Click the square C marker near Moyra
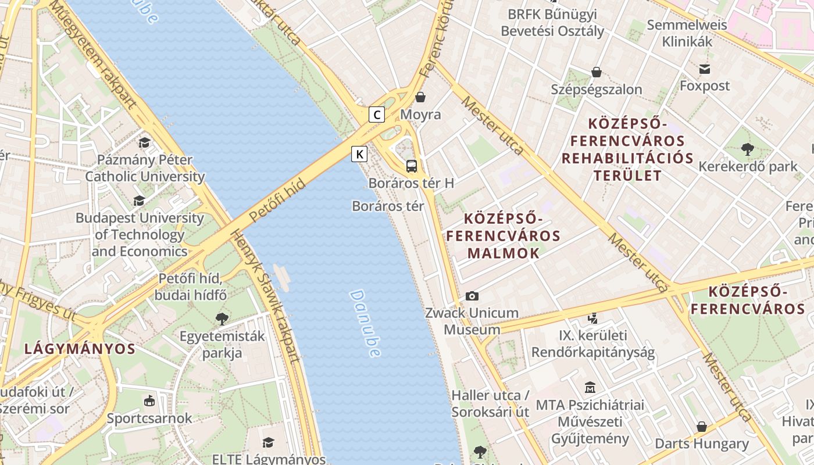[377, 115]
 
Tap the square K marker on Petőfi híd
[360, 154]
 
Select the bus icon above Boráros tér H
[412, 166]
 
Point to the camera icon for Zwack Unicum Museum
[472, 296]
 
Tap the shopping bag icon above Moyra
[420, 97]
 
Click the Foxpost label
[705, 86]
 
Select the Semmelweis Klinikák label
[687, 33]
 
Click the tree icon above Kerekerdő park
[748, 149]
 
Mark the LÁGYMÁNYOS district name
[80, 349]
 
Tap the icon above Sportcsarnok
[149, 401]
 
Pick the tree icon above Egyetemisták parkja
[222, 319]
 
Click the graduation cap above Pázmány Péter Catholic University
[144, 142]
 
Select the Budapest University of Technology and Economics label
[140, 235]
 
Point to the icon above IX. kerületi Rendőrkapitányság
[592, 318]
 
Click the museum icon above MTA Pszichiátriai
[590, 387]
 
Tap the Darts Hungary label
[702, 443]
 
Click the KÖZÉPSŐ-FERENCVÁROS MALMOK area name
[504, 236]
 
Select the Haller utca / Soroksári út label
[490, 403]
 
